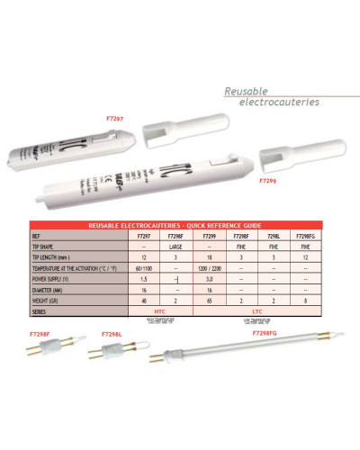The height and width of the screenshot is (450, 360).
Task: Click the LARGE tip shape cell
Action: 176,245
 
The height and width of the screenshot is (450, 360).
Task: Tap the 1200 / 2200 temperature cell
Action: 208,268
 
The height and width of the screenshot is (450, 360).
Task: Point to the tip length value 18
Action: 208,256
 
